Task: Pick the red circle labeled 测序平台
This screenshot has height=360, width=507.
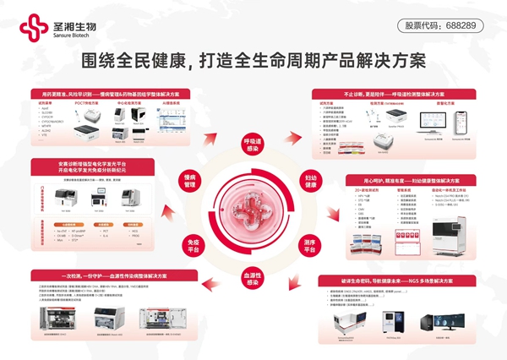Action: [x=309, y=246]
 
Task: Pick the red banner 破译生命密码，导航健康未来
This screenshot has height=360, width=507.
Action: [x=394, y=280]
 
